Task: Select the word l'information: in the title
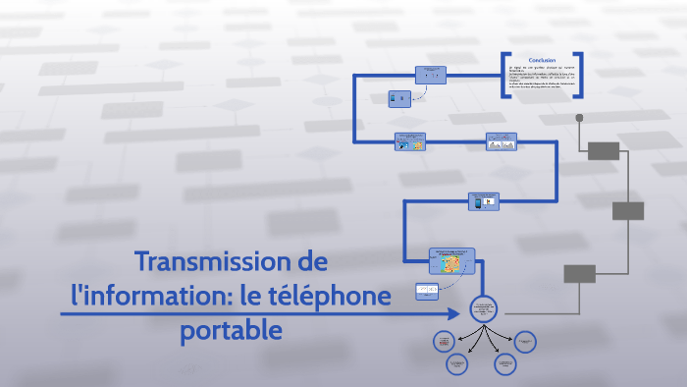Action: [x=146, y=295]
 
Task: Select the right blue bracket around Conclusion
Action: [x=580, y=75]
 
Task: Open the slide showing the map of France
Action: [x=452, y=262]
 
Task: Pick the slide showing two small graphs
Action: [x=502, y=142]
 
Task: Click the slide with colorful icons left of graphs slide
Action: [x=411, y=142]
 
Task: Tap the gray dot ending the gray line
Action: [x=579, y=117]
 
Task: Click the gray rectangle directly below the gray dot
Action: [x=604, y=150]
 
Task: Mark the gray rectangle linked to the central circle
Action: [x=579, y=274]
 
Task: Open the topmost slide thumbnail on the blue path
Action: [x=431, y=75]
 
